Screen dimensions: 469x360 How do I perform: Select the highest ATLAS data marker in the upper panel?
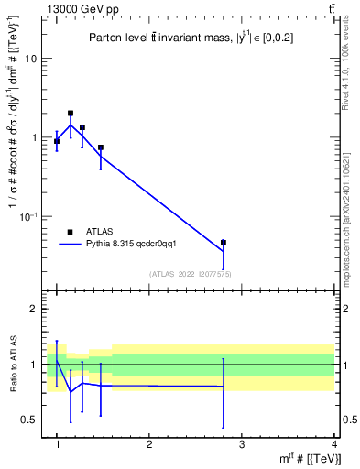click(71, 114)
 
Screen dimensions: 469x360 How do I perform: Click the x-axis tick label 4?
click(333, 444)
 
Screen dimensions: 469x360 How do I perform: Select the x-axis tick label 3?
click(241, 444)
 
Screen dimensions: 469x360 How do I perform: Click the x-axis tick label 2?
click(149, 444)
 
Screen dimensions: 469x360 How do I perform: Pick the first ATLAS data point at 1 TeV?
click(57, 141)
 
